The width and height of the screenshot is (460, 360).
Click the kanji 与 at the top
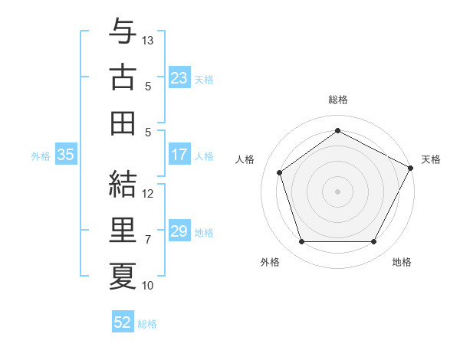coord(123,32)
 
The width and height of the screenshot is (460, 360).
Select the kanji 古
coord(123,77)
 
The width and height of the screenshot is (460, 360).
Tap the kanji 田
coord(123,123)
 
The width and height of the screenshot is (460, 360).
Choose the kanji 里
coord(123,229)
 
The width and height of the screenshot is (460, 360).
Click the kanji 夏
coord(123,274)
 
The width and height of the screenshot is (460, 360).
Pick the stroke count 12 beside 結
coord(149,193)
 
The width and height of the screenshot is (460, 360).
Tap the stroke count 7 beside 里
coord(148,240)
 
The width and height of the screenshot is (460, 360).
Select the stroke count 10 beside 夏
coord(149,286)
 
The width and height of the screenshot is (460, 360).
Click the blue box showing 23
coord(179,78)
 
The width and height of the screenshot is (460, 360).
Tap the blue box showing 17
coord(179,155)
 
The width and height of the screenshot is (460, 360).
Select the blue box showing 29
coord(179,232)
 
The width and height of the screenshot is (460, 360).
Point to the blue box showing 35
coord(65,155)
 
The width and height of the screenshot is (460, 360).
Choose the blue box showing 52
coord(123,322)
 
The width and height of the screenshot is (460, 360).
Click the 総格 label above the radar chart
coord(337,100)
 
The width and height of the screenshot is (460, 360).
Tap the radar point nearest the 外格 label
coord(301,242)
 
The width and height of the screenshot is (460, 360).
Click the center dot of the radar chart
coord(337,191)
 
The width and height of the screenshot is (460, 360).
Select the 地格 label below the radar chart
coord(402,262)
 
